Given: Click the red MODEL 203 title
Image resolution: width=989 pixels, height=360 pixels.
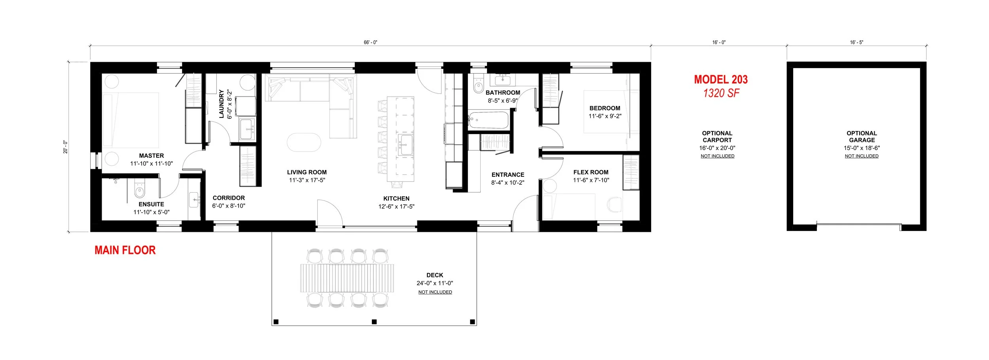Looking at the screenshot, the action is click(721, 80).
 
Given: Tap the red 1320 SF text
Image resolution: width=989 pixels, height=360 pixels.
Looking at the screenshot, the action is click(721, 93).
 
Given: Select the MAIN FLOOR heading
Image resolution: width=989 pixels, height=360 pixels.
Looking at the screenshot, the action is click(125, 250).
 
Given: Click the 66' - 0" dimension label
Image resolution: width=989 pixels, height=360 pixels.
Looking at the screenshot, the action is click(371, 42).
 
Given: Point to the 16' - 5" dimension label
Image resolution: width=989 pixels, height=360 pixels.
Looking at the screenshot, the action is click(856, 42).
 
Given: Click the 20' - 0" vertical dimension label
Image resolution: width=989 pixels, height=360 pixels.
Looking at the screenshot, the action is click(65, 147).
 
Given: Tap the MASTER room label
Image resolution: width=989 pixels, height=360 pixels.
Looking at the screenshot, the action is click(152, 156).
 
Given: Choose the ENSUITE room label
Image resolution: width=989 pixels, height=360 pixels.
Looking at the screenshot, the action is click(151, 204).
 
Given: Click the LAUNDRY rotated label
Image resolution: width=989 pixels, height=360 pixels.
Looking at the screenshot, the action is click(222, 104).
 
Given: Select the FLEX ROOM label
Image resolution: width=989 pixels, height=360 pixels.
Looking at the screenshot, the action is click(591, 172).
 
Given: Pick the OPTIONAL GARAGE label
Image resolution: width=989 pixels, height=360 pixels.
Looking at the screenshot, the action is click(862, 136).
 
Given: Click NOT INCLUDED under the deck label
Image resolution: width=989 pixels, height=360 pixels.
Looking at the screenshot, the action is click(435, 292).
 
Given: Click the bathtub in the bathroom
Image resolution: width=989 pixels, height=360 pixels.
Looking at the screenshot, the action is click(488, 120).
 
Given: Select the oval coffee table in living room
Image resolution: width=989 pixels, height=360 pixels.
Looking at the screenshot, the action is click(304, 142).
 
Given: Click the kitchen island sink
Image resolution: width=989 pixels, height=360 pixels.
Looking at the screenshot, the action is click(405, 145).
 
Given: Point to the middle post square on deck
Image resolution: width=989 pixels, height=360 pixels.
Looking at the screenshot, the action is click(374, 322).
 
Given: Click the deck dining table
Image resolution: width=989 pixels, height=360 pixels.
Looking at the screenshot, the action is click(347, 278).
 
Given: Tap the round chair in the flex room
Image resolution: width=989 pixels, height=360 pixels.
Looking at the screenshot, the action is click(614, 204).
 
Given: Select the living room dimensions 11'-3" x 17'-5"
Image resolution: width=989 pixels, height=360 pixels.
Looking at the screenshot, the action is click(307, 180).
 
